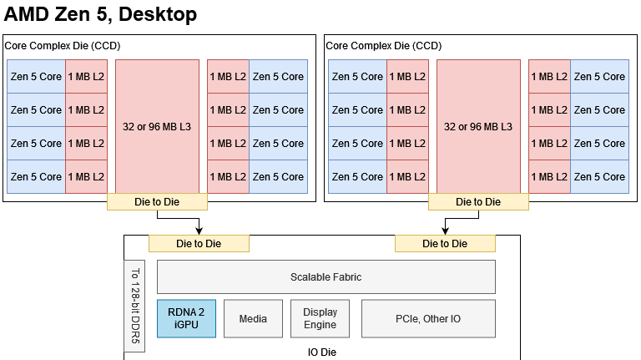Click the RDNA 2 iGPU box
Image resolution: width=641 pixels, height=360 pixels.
pos(186,318)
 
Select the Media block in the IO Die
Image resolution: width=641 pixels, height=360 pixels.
pos(253,318)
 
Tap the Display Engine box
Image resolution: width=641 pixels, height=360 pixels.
pos(320,318)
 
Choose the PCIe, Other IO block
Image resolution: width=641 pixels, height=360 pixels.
pos(428,318)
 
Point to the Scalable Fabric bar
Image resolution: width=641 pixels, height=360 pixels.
pos(326,276)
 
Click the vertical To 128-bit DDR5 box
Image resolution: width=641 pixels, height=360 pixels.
pos(136,306)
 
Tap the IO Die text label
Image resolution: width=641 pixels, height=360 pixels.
pos(322,352)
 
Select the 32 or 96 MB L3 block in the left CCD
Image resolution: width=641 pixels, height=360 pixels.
pos(157,126)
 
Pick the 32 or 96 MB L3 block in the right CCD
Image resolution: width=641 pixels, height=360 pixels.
pos(478,126)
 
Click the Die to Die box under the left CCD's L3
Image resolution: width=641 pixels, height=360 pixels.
pos(157,201)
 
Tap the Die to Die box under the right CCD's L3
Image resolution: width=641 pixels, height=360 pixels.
pos(478,201)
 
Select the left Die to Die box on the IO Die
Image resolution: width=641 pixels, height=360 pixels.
pos(199,243)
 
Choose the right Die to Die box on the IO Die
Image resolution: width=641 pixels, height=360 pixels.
pos(445,243)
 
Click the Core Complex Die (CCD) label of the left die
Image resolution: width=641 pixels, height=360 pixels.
pos(63,46)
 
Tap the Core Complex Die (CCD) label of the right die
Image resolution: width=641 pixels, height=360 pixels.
pos(383,46)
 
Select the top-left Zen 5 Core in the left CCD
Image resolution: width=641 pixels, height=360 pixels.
pos(36,76)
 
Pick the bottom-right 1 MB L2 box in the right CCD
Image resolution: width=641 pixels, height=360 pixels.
pos(549,176)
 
